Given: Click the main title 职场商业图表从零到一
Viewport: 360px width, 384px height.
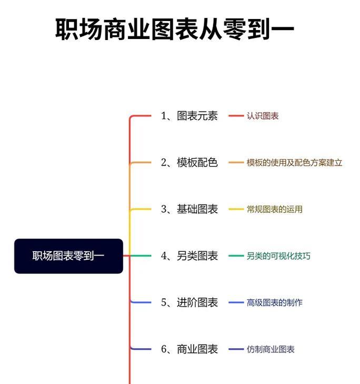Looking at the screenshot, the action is coord(175,29).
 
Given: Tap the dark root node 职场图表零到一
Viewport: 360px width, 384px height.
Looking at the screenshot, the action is coord(68,256).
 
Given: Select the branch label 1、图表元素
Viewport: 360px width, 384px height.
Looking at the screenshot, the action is coord(189,116).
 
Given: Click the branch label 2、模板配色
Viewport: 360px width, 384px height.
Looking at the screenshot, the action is coord(189,162).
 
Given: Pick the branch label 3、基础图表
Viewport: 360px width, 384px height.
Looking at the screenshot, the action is coord(189,209).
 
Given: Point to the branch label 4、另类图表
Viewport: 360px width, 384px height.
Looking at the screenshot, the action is coord(189,256).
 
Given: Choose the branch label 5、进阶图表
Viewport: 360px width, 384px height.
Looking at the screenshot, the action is coord(189,302).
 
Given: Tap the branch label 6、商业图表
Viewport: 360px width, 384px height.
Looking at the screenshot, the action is coord(189,349).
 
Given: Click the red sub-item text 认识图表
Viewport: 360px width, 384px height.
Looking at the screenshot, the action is coord(263,116).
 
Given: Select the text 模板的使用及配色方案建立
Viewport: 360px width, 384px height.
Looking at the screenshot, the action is coord(294,162).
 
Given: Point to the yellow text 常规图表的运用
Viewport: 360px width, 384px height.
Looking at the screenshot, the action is coord(275,209).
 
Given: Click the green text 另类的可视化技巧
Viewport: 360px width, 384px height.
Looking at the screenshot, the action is coord(278,256).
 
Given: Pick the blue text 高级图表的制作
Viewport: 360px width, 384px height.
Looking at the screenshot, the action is coord(275,302).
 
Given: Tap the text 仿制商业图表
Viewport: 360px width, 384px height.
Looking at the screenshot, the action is coord(271,349).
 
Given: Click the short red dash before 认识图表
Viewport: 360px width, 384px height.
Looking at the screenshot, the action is coord(236,116).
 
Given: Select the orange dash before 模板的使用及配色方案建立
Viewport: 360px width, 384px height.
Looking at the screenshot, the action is coord(236,162).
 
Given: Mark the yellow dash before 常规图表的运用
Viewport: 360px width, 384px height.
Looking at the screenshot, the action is coord(236,209).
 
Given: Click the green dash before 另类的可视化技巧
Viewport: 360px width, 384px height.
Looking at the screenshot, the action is coord(236,256).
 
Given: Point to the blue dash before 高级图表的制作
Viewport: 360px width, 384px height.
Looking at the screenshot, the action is coord(236,302).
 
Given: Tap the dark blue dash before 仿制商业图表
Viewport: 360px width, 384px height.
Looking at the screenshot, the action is coord(236,349).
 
